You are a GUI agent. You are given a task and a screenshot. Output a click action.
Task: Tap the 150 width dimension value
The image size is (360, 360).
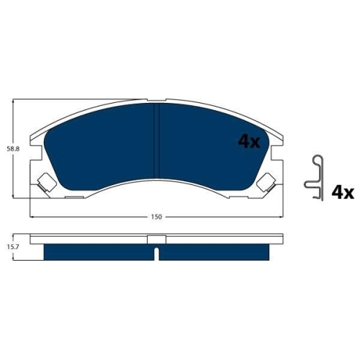tap(156, 216)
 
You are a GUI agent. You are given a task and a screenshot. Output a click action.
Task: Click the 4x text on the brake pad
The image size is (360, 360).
tap(248, 142)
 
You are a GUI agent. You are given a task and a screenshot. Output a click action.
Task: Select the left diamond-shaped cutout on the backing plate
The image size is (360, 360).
tap(43, 181)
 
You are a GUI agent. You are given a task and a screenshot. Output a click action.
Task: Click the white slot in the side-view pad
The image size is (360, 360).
tap(156, 253)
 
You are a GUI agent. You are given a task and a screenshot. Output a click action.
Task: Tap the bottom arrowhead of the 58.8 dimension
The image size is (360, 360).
tap(16, 196)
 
